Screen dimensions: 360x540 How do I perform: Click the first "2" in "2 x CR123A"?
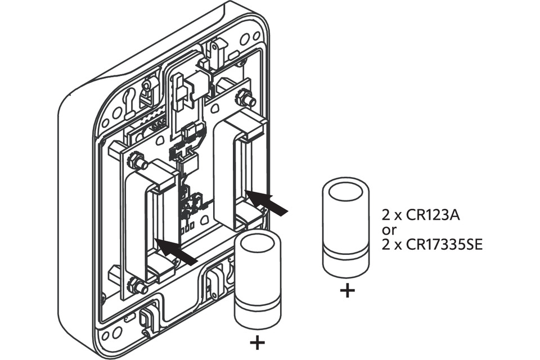(385, 215)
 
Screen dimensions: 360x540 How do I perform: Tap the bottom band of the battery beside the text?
(345, 264)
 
